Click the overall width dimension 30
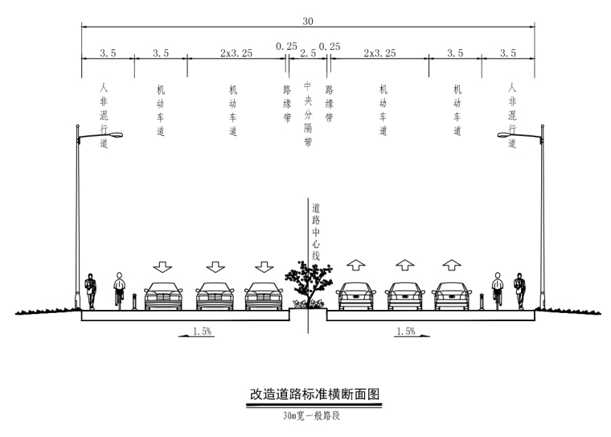(x=309, y=21)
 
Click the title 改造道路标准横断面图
(x=314, y=394)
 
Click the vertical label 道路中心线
(x=316, y=230)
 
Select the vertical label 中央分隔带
(x=308, y=113)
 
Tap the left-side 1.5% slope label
(x=203, y=331)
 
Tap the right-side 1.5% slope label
(x=405, y=331)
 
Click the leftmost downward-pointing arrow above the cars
(x=164, y=266)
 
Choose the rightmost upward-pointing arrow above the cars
(x=453, y=265)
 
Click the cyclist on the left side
(x=120, y=291)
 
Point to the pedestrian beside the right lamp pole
(x=520, y=291)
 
